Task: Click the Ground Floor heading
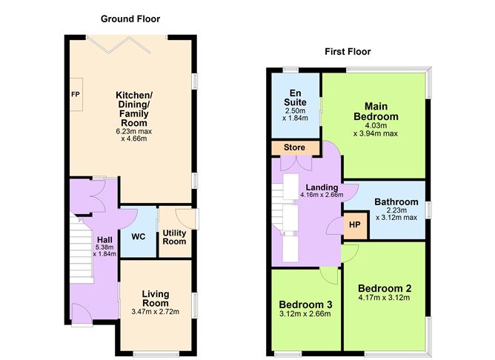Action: pyautogui.click(x=130, y=19)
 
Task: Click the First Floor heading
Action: pyautogui.click(x=348, y=51)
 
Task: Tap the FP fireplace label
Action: pyautogui.click(x=75, y=96)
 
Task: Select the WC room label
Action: pyautogui.click(x=139, y=237)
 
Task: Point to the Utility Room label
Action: pyautogui.click(x=174, y=237)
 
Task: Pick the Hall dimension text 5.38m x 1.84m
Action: pyautogui.click(x=103, y=250)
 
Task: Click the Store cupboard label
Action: pyautogui.click(x=294, y=147)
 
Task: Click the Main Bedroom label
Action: pyautogui.click(x=381, y=111)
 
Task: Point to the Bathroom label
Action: pyautogui.click(x=396, y=201)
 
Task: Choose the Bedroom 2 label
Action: pyautogui.click(x=384, y=288)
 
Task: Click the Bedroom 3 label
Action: pyautogui.click(x=305, y=304)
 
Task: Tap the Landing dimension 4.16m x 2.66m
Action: pyautogui.click(x=322, y=195)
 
